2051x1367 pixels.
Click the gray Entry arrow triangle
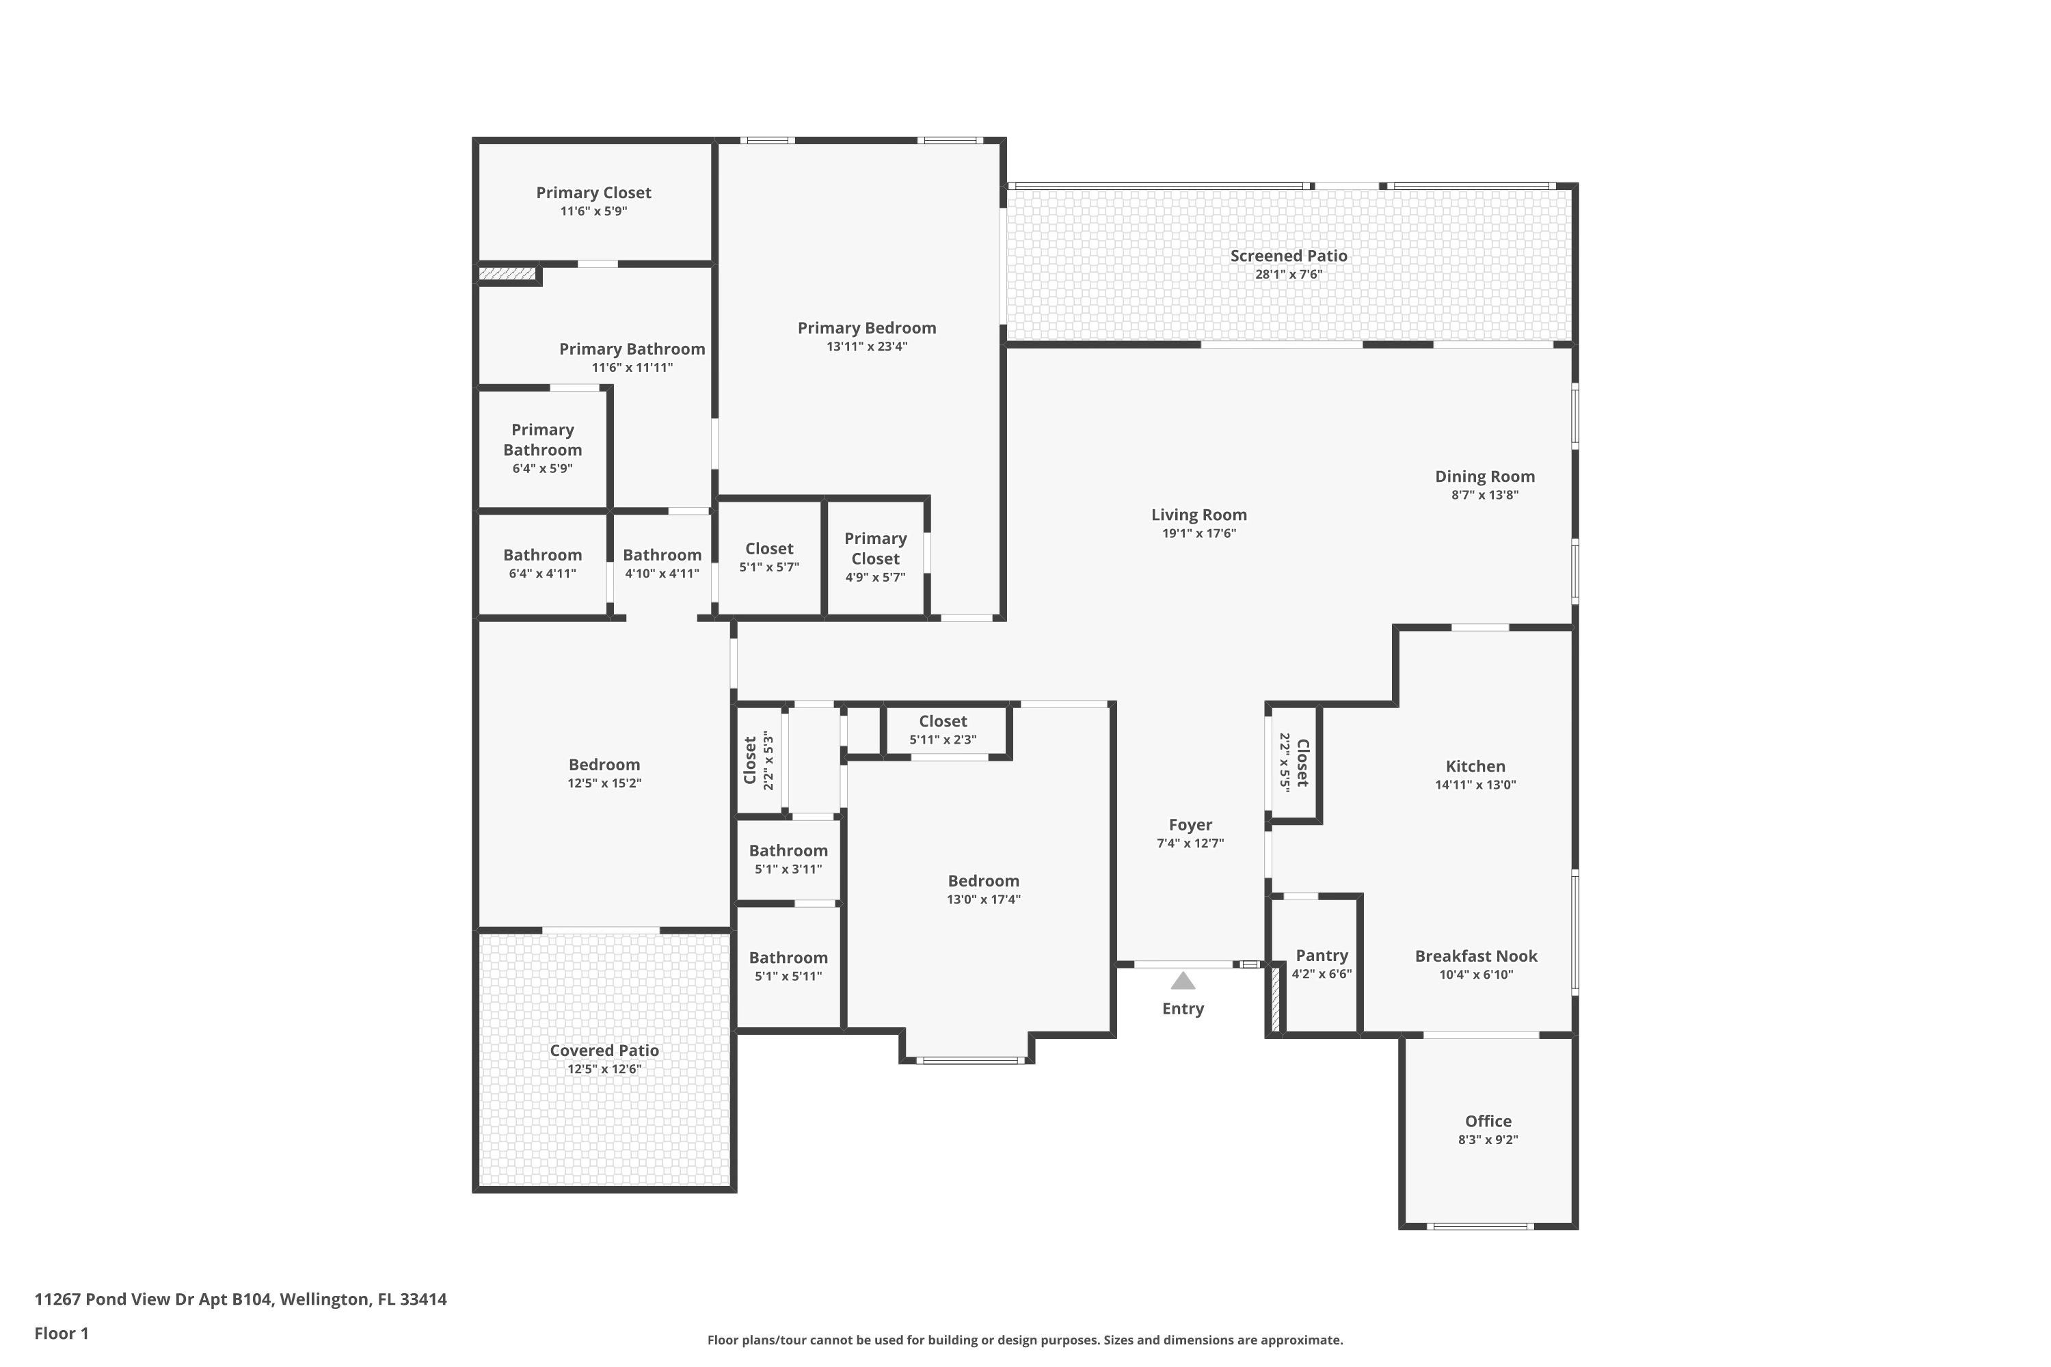point(1183,982)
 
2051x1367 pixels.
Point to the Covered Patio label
point(604,1051)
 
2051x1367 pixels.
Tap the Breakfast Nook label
point(1475,956)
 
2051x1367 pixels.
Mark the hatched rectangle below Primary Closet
point(507,274)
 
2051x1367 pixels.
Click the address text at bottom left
point(241,1299)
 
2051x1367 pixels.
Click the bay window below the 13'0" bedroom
point(969,1060)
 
